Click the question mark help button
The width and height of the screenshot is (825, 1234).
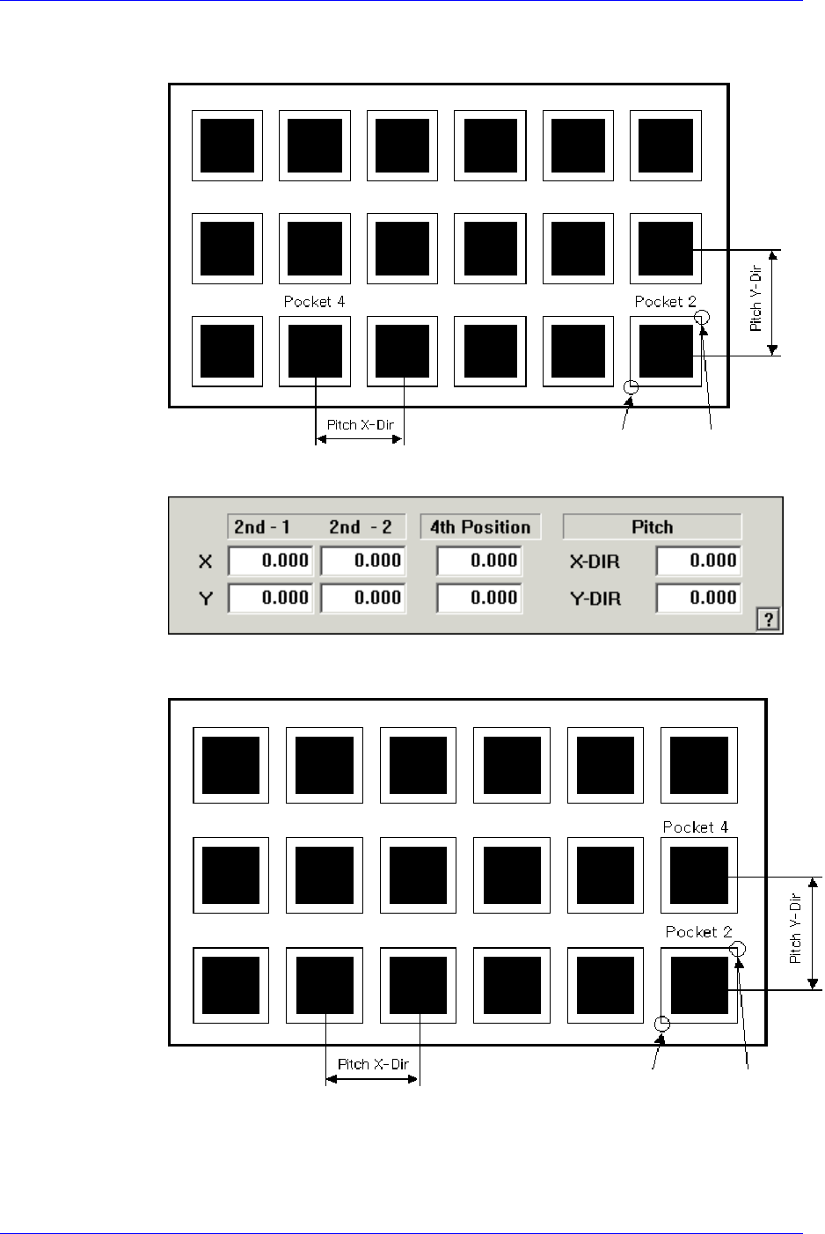pyautogui.click(x=768, y=620)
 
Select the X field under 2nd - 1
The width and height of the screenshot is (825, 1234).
pyautogui.click(x=269, y=561)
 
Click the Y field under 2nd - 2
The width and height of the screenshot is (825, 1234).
pyautogui.click(x=362, y=598)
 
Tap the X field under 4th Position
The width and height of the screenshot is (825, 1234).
pyautogui.click(x=479, y=561)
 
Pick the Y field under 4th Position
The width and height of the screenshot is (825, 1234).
pyautogui.click(x=479, y=598)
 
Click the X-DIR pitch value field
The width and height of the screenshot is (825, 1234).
pyautogui.click(x=697, y=561)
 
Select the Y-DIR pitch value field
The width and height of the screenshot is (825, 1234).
pyautogui.click(x=697, y=598)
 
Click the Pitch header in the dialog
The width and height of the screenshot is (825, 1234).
pyautogui.click(x=652, y=527)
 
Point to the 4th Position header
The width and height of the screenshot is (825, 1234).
pyautogui.click(x=480, y=527)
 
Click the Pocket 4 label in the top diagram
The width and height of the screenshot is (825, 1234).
pyautogui.click(x=314, y=302)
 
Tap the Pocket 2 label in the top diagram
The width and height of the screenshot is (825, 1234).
pyautogui.click(x=665, y=302)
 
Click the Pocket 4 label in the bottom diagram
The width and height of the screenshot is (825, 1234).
pyautogui.click(x=695, y=827)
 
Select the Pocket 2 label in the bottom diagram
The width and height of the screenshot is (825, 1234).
pyautogui.click(x=698, y=932)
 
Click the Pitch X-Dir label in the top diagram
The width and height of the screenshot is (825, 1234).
pyautogui.click(x=360, y=425)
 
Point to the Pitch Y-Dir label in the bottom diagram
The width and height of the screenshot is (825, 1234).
pyautogui.click(x=795, y=929)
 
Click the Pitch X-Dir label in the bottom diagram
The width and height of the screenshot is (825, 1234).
pyautogui.click(x=373, y=1064)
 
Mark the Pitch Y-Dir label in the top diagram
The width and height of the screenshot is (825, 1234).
pyautogui.click(x=756, y=299)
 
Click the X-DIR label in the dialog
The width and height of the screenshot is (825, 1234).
pyautogui.click(x=595, y=562)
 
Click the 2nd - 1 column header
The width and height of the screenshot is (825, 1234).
pyautogui.click(x=262, y=527)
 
